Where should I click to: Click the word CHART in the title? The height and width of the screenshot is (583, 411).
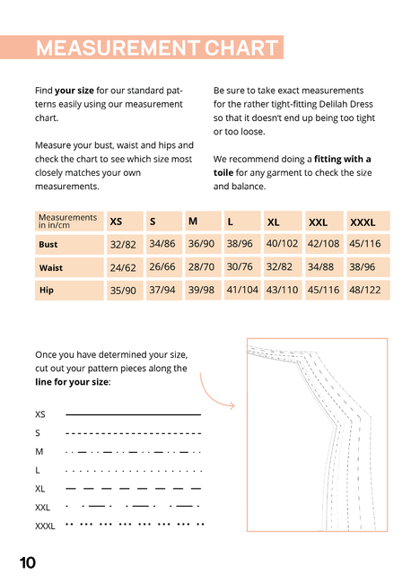pyautogui.click(x=241, y=48)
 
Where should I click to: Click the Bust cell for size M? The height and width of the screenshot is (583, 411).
pyautogui.click(x=201, y=244)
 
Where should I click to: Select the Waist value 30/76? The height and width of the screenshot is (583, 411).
pyautogui.click(x=240, y=266)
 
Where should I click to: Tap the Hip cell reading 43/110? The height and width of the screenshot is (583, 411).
pyautogui.click(x=282, y=290)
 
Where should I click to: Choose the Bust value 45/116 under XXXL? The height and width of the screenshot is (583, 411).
pyautogui.click(x=365, y=244)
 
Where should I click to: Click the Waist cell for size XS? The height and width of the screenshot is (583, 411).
pyautogui.click(x=123, y=267)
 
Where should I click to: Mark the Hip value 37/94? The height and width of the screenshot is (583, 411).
pyautogui.click(x=162, y=290)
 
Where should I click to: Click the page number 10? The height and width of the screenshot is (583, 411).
pyautogui.click(x=28, y=563)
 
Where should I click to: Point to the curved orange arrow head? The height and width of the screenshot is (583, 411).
pyautogui.click(x=232, y=405)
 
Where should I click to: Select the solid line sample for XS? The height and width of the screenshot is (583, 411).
pyautogui.click(x=133, y=414)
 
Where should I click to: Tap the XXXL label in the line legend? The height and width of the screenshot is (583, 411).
pyautogui.click(x=45, y=526)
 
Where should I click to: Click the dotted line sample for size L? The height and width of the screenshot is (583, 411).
pyautogui.click(x=134, y=471)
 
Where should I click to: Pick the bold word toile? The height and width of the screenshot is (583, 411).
pyautogui.click(x=223, y=172)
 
